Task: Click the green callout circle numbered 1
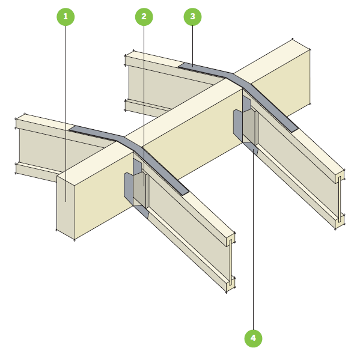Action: coord(66,17)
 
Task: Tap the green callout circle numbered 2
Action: coord(144,17)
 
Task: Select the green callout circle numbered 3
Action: coord(192,17)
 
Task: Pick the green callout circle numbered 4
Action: coord(253,338)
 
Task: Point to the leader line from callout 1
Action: coord(66,114)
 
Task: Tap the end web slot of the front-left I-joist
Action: coord(230,262)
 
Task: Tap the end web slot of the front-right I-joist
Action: coord(340,200)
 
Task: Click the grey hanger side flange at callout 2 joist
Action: coord(129,187)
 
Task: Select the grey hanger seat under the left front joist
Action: coord(141,211)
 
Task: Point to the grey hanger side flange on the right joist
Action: coord(238,124)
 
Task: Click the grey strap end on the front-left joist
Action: coord(184,192)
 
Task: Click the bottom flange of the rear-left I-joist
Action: coord(37,171)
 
